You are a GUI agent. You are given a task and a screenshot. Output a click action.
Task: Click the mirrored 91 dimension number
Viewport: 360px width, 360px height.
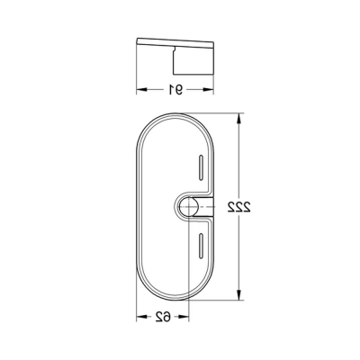tap(175, 89)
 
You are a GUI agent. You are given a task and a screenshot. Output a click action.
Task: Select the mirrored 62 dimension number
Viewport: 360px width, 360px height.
tap(164, 316)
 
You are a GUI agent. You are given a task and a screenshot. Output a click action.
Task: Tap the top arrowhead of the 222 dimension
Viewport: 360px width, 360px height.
tap(239, 118)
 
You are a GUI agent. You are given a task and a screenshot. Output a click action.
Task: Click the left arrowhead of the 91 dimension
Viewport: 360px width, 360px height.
tap(139, 89)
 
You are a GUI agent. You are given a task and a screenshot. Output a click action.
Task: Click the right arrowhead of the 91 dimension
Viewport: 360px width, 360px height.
tap(212, 89)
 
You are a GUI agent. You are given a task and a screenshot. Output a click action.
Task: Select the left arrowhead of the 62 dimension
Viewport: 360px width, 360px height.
tap(139, 316)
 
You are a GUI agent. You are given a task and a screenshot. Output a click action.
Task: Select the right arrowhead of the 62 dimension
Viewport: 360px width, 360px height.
tap(188, 316)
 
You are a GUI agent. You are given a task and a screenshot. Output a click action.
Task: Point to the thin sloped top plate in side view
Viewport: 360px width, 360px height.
tap(175, 44)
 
